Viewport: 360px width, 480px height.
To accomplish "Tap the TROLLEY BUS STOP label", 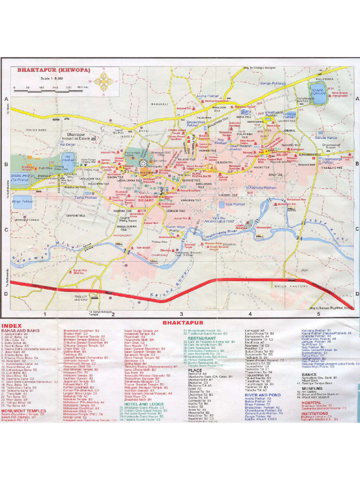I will click(81, 299).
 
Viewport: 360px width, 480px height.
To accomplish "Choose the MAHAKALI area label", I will click(159, 104).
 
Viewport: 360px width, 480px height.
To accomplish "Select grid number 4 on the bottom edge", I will click(250, 314).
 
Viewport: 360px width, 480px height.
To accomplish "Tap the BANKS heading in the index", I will click(309, 375).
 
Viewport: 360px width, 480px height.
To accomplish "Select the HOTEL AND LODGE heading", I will click(140, 404).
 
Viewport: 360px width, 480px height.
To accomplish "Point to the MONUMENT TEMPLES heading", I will click(20, 411).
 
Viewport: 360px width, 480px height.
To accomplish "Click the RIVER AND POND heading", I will click(262, 395).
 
